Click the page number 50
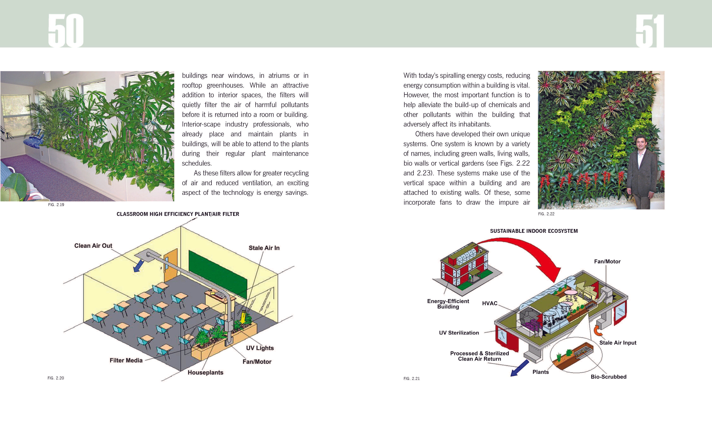[66, 31]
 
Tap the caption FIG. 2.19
[56, 205]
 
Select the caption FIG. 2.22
[546, 214]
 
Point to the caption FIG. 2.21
[412, 378]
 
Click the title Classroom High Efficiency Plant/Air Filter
[178, 214]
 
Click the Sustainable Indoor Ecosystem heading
[534, 231]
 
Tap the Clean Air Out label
[93, 246]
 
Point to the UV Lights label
[260, 348]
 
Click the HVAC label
[490, 303]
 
